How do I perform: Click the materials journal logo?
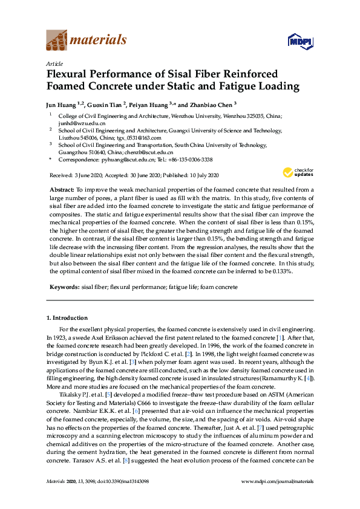[x=87, y=41]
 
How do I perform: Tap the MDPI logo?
[x=301, y=41]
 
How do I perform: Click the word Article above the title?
[x=53, y=63]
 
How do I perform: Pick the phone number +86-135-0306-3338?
[x=189, y=160]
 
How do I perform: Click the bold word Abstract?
[x=61, y=190]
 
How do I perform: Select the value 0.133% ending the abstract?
[x=281, y=272]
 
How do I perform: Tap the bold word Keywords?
[x=64, y=287]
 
